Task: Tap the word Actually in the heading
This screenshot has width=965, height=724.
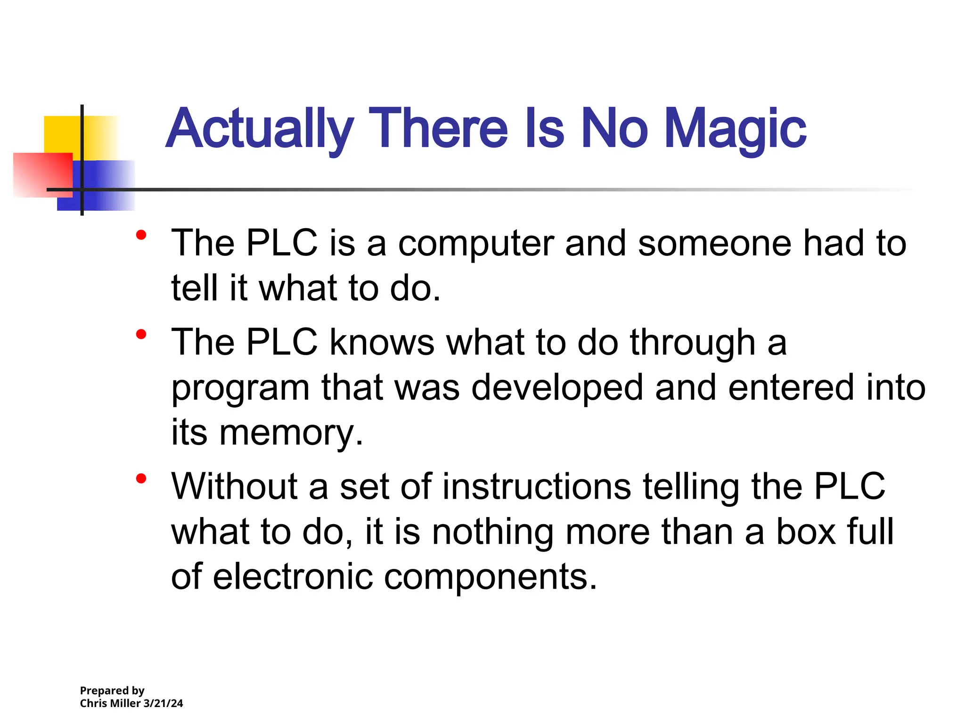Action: tap(260, 129)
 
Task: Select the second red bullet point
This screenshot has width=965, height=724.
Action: tap(141, 334)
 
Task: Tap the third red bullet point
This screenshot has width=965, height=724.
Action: tap(141, 478)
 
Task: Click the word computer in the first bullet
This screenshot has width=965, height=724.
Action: tap(476, 244)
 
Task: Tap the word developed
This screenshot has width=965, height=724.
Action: tap(557, 388)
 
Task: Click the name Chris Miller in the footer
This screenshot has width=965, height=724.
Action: tap(110, 703)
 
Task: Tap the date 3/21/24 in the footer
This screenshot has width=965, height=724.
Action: tap(163, 703)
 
